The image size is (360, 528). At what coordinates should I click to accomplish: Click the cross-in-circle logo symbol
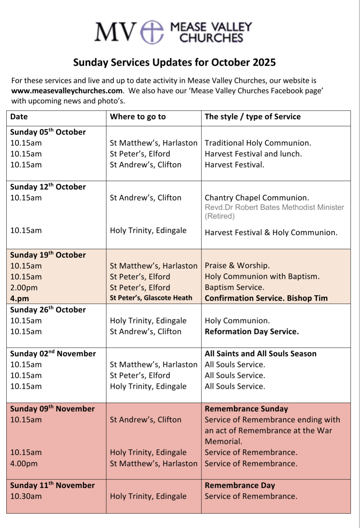click(x=152, y=32)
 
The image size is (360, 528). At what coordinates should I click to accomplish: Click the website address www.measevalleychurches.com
click(x=67, y=91)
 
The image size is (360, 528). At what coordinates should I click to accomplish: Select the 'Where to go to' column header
click(x=137, y=117)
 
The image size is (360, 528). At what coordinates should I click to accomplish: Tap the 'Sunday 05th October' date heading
click(x=48, y=132)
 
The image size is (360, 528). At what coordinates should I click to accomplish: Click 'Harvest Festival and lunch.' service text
click(x=253, y=154)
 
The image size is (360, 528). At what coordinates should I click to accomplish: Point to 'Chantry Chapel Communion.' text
click(x=257, y=198)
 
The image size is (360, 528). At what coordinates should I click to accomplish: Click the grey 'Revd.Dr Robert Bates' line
click(x=274, y=207)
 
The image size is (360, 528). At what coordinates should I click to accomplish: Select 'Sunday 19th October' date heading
click(x=48, y=255)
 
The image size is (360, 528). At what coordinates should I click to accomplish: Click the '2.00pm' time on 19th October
click(x=24, y=288)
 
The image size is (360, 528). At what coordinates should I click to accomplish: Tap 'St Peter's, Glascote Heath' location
click(x=151, y=298)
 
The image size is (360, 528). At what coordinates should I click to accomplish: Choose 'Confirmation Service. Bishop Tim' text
click(x=266, y=298)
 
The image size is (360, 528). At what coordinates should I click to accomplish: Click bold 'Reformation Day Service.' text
click(x=252, y=331)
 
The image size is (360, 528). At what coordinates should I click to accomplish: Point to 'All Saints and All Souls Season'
click(x=261, y=354)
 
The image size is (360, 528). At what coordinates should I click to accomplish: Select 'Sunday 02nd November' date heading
click(x=53, y=354)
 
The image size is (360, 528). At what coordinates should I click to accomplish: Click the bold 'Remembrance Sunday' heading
click(x=246, y=409)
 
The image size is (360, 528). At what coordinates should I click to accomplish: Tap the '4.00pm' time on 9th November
click(x=24, y=463)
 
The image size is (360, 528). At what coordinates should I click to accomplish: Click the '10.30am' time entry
click(x=26, y=496)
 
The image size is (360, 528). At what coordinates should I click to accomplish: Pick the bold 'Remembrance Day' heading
click(x=240, y=485)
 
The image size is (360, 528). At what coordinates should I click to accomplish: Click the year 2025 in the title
click(x=263, y=63)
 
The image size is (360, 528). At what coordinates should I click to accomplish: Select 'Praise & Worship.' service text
click(x=237, y=265)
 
